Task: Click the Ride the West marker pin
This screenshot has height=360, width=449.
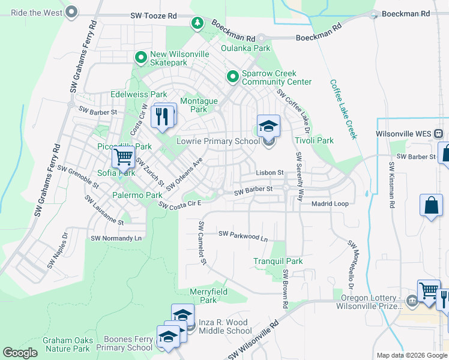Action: click(72, 11)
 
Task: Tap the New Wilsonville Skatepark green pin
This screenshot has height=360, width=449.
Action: click(141, 58)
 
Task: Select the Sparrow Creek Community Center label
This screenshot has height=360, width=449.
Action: click(276, 77)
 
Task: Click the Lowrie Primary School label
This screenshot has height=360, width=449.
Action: click(218, 142)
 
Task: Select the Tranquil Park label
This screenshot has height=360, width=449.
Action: click(278, 262)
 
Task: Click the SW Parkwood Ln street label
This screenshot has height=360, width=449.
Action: click(243, 235)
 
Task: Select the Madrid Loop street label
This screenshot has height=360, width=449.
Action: click(330, 204)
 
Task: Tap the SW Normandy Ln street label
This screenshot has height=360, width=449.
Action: click(116, 238)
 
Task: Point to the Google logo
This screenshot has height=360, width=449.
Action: click(20, 353)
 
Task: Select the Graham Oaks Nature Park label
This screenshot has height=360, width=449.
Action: click(67, 344)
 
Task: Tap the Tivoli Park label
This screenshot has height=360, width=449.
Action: click(313, 141)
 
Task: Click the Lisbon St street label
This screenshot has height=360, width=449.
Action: click(270, 173)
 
